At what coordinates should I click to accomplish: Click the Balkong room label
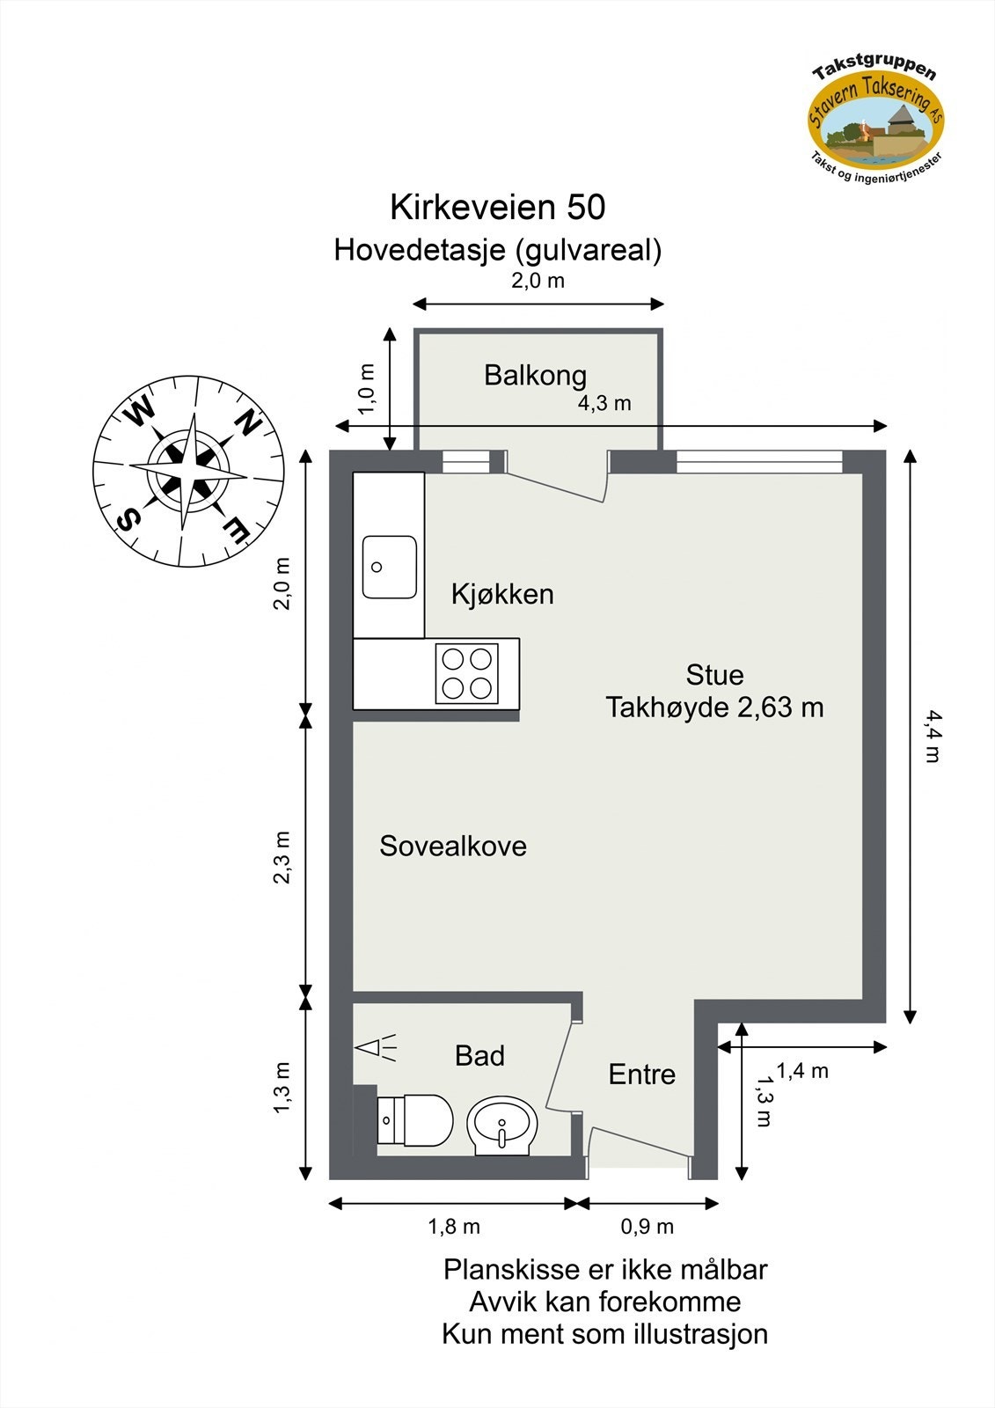click(535, 376)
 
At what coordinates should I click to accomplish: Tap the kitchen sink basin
click(389, 567)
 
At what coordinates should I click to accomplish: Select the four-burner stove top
click(466, 673)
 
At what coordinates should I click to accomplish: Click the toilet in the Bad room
click(415, 1120)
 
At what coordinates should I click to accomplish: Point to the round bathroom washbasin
click(502, 1124)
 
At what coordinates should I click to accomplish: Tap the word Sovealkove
click(452, 847)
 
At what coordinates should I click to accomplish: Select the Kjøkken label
click(502, 594)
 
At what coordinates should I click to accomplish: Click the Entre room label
click(642, 1074)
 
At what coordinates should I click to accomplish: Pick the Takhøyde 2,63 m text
click(714, 708)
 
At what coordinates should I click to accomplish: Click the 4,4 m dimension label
click(932, 737)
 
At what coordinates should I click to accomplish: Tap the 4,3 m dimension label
click(604, 404)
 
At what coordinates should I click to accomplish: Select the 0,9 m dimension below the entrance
click(647, 1227)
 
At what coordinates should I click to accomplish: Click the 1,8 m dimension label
click(454, 1227)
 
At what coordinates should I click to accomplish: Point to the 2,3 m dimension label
click(282, 857)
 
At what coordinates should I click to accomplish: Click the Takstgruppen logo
click(876, 114)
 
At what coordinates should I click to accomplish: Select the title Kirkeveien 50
click(498, 208)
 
